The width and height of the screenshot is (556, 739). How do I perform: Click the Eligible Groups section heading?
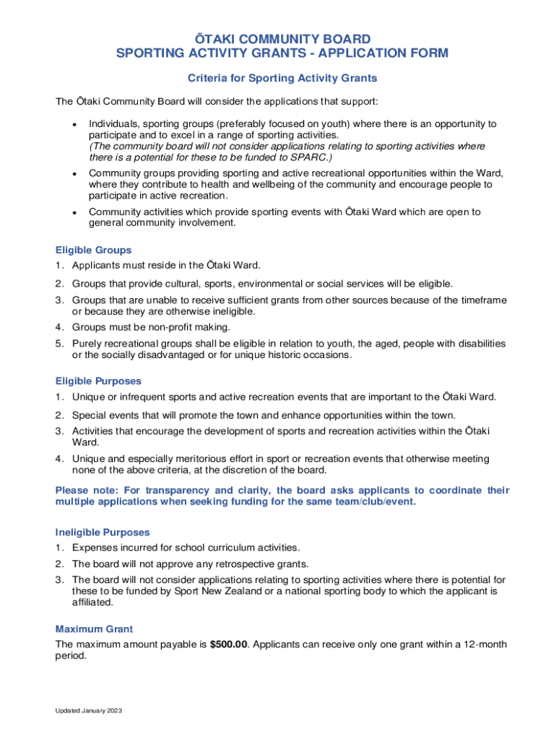tap(93, 250)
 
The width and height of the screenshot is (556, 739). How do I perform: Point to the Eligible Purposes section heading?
tap(98, 381)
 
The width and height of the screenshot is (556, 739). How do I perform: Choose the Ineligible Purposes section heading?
tap(103, 533)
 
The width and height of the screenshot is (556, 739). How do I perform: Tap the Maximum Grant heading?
tap(94, 629)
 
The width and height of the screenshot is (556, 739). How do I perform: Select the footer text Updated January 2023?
tap(89, 711)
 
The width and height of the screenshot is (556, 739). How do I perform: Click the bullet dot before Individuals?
tap(74, 125)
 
